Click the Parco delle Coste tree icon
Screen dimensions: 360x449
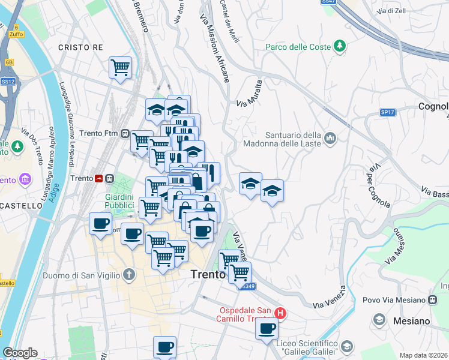point(340,46)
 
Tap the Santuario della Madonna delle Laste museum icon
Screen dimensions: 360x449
point(330,139)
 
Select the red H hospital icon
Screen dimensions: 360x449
point(280,313)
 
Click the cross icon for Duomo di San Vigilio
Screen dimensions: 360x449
point(128,275)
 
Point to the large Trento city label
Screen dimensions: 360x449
point(208,274)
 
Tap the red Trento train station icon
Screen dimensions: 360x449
point(98,178)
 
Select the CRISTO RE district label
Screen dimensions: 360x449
point(81,47)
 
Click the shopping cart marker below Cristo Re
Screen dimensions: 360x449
point(120,67)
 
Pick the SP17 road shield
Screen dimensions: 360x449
point(387,112)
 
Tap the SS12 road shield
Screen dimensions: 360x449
point(8,80)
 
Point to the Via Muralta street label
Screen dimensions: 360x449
point(250,94)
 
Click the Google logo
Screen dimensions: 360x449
point(20,353)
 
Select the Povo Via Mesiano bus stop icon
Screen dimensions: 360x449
point(432,299)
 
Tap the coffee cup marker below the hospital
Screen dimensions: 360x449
point(267,329)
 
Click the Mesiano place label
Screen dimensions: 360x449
point(412,321)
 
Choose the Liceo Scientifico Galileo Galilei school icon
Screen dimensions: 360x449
point(347,347)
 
